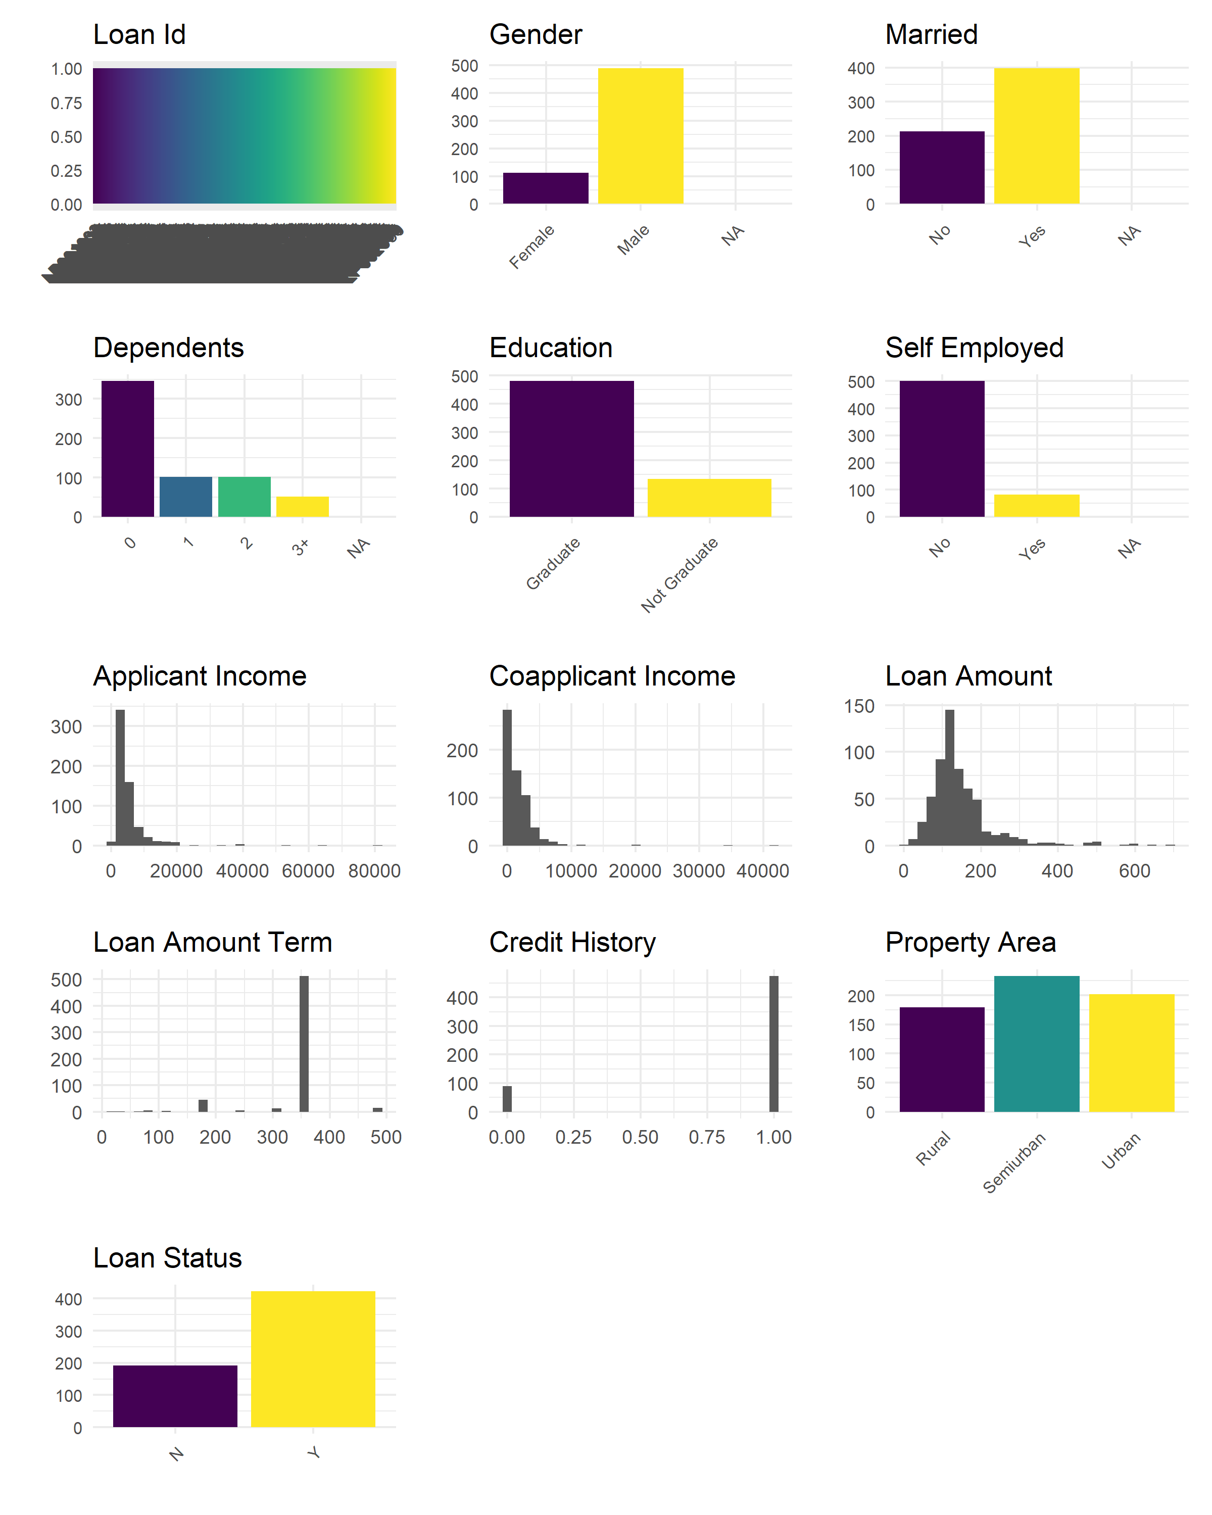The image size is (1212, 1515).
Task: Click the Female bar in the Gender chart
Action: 545,188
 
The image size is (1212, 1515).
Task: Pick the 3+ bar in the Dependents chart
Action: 302,507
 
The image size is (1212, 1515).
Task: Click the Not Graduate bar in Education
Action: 709,498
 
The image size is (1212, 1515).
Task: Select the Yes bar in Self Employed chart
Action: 1036,506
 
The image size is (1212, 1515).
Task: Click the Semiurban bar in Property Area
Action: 1036,1044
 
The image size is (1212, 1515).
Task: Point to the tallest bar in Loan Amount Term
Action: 304,1044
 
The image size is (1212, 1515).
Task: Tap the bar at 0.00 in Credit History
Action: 507,1099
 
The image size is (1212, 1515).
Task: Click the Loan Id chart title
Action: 139,34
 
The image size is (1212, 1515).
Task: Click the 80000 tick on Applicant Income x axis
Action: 374,871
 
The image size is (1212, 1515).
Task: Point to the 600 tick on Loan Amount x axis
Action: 1134,871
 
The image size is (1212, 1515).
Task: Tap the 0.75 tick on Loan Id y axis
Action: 66,103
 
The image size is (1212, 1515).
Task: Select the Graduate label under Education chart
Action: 553,564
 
